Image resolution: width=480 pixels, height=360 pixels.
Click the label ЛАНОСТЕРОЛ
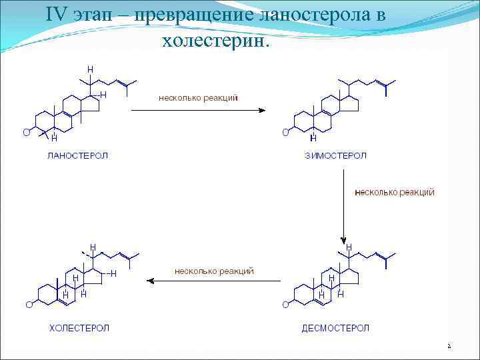pyautogui.click(x=77, y=156)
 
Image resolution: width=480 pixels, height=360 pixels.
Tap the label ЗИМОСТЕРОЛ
pyautogui.click(x=335, y=156)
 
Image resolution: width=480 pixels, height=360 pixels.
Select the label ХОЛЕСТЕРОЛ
pyautogui.click(x=79, y=327)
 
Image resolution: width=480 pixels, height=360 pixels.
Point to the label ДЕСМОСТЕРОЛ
pyautogui.click(x=335, y=327)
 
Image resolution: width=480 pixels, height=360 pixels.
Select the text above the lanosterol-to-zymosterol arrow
pyautogui.click(x=198, y=97)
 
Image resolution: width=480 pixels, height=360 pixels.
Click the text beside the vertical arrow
pyautogui.click(x=395, y=192)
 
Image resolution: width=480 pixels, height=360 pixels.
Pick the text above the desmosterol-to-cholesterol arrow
pyautogui.click(x=214, y=271)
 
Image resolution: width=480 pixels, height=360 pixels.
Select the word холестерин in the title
pyautogui.click(x=213, y=41)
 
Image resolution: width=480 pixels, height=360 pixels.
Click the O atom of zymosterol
pyautogui.click(x=285, y=132)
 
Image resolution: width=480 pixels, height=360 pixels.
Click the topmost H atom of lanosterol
pyautogui.click(x=90, y=69)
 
